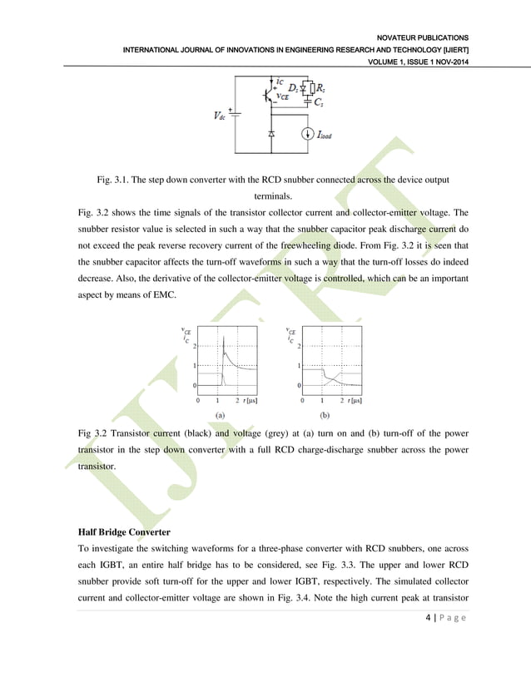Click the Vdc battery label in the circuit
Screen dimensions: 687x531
pyautogui.click(x=218, y=116)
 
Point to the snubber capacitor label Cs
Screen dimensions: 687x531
pyautogui.click(x=319, y=101)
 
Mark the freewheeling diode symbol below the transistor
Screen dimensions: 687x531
pyautogui.click(x=271, y=133)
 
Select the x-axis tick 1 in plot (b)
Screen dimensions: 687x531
pyautogui.click(x=321, y=400)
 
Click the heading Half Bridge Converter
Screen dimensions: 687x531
pyautogui.click(x=125, y=531)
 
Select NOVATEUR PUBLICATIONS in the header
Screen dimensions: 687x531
pyautogui.click(x=423, y=37)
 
